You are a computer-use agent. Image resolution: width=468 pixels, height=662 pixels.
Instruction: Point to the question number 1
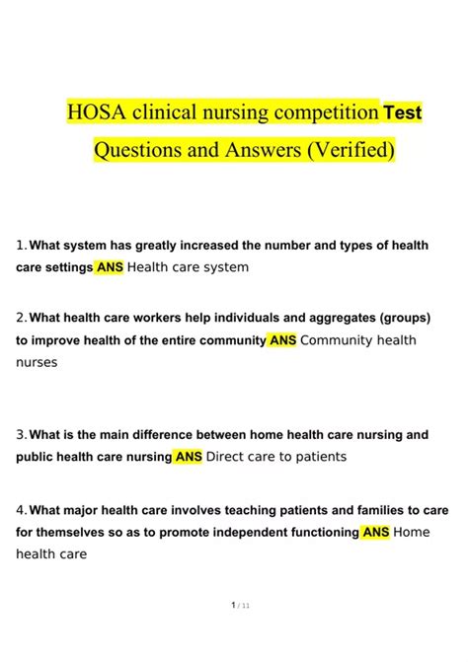(x=21, y=245)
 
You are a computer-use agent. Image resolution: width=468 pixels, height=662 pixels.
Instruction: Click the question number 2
(x=21, y=318)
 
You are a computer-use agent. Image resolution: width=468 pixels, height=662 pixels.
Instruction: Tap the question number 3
(x=21, y=434)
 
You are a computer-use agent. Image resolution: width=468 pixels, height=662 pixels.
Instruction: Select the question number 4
(x=21, y=510)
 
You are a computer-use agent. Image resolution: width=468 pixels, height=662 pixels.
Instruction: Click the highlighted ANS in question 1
(x=110, y=267)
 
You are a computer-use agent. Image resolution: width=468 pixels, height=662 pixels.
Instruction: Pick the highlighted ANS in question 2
(x=282, y=340)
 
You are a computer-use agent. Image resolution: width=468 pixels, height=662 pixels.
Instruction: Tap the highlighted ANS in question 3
(x=189, y=457)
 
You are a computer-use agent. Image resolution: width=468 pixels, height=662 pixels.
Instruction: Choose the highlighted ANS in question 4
(x=376, y=533)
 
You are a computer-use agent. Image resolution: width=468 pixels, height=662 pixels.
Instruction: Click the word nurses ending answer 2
(x=38, y=362)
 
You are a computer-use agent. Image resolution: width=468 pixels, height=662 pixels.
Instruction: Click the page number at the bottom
(x=234, y=633)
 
